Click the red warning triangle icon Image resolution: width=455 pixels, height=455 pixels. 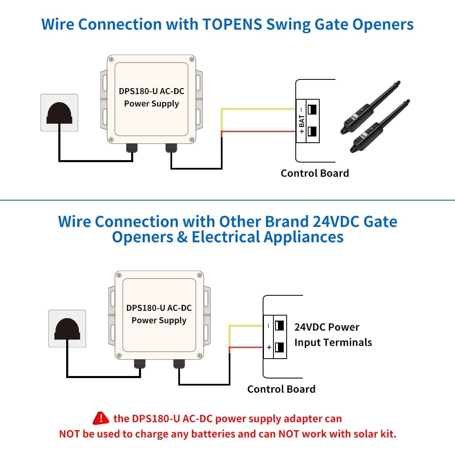pos(101,418)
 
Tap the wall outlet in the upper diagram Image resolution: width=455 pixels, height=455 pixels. pos(59,113)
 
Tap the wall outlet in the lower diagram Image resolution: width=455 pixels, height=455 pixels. pos(67,328)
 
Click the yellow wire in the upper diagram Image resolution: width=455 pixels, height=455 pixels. pos(256,109)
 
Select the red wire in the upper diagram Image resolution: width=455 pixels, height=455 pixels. pos(256,132)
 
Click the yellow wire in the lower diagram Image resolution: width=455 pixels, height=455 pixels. pos(246,326)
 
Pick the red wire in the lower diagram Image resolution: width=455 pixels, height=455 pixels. pos(246,347)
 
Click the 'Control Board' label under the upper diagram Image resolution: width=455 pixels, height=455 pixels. pos(314,173)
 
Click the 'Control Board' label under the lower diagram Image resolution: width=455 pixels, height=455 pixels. pos(281,389)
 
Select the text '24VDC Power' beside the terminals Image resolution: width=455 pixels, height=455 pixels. pos(326,327)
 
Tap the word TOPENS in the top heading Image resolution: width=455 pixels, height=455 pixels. pos(232,24)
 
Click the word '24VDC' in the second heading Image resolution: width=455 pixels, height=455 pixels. pos(335,222)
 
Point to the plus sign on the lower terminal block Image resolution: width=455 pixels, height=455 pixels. pos(269,347)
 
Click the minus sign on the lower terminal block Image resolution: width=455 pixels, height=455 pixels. pos(269,326)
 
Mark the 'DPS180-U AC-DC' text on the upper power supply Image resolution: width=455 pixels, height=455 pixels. pos(151,91)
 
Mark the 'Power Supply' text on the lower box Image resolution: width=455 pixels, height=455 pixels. pos(159,320)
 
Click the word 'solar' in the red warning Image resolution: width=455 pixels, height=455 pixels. pos(351,434)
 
